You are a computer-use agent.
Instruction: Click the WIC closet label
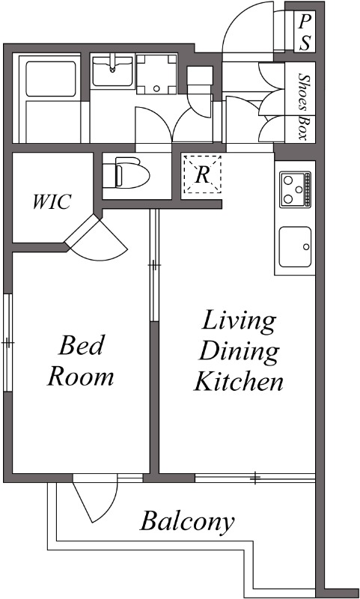51,202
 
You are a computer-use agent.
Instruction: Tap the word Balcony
187,521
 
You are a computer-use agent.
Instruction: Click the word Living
239,322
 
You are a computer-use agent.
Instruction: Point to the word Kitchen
239,383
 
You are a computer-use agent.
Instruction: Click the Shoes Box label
303,106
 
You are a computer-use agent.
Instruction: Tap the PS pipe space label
305,32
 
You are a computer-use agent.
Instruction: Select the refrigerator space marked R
202,175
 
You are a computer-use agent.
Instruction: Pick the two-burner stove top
296,189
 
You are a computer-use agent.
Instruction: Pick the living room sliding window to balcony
254,477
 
